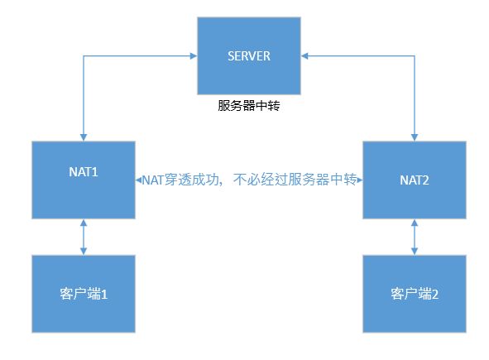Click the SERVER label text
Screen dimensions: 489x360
coord(249,56)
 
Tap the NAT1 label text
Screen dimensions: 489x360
coord(84,172)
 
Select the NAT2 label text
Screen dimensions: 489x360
coord(415,180)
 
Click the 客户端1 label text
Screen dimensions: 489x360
coord(84,294)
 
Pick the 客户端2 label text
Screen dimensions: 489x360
coord(415,294)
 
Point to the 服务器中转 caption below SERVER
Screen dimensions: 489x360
coord(249,105)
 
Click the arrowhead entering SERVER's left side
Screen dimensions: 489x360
coord(194,55)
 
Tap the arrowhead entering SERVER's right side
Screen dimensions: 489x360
coord(304,55)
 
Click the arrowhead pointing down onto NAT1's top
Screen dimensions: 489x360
coord(84,137)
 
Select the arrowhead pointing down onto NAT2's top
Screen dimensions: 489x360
coord(415,137)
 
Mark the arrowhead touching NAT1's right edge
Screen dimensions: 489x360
coord(139,180)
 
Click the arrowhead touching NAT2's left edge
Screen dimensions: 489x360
coord(360,180)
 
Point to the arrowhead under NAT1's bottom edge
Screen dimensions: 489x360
coord(84,223)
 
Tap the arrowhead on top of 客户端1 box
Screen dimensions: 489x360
coord(84,251)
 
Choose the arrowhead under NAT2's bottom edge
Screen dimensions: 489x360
coord(415,223)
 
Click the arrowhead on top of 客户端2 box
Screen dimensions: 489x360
coord(415,251)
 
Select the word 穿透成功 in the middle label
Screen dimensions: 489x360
coord(192,180)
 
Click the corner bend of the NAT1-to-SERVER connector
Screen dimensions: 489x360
coord(84,55)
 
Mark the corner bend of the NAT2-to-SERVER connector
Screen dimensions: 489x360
coord(415,55)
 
